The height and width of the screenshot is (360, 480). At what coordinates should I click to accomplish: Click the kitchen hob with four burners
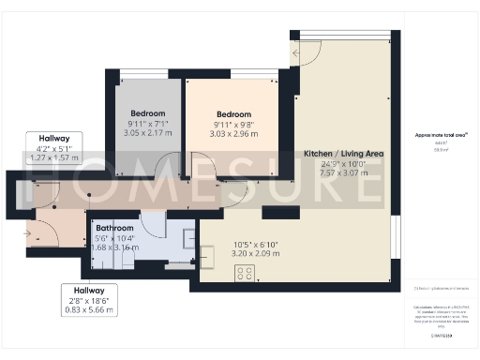(x=245, y=273)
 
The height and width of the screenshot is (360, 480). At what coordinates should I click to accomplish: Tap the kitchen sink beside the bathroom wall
(x=208, y=253)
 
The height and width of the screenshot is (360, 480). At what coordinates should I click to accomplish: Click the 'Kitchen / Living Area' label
(x=342, y=153)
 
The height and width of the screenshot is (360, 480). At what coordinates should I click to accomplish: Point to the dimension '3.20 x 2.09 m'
(x=229, y=252)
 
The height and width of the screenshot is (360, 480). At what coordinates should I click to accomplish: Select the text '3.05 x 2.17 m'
(x=147, y=133)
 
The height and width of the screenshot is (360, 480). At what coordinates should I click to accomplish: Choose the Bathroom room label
(x=114, y=228)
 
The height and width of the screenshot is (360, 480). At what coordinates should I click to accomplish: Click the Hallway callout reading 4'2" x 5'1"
(x=54, y=147)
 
